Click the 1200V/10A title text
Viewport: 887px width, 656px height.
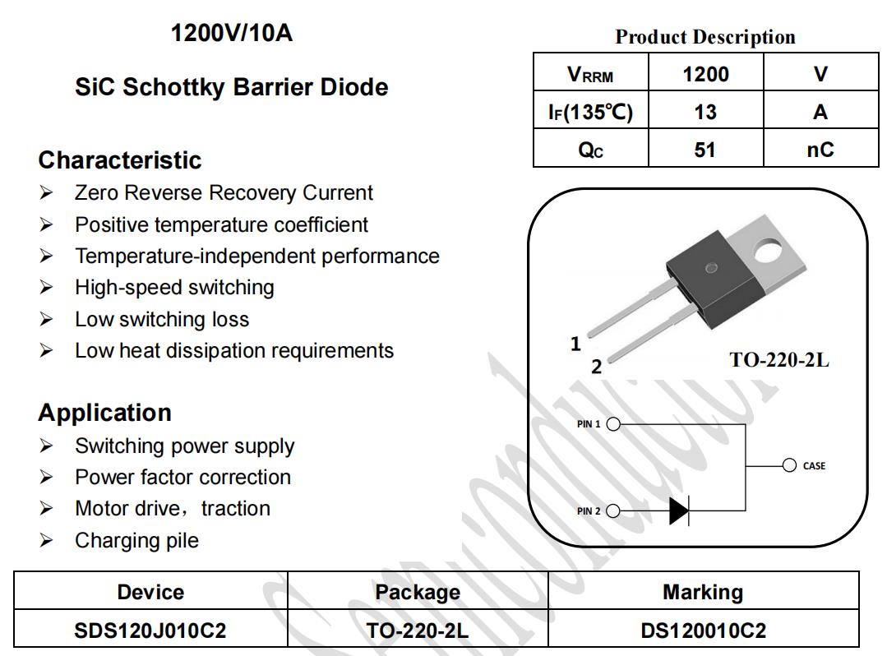(231, 33)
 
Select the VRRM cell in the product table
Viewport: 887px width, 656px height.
(590, 72)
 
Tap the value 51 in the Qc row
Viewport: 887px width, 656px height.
(705, 150)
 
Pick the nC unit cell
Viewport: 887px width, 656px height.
(820, 148)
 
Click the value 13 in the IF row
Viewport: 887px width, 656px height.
(705, 112)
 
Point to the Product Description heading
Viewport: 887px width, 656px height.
(705, 37)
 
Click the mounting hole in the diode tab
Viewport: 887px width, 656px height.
(768, 250)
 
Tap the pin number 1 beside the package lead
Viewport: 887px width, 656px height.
(576, 344)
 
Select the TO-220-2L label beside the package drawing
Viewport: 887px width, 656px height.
(779, 360)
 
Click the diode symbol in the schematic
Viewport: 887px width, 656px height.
(679, 511)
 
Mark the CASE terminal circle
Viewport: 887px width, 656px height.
(789, 465)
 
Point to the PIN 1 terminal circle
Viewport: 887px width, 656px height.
(613, 424)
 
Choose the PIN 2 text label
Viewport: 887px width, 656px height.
(589, 511)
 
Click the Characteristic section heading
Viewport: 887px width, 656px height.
(120, 160)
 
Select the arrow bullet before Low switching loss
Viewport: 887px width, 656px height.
(46, 320)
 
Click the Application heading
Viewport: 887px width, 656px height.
(104, 413)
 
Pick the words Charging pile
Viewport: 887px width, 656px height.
(137, 541)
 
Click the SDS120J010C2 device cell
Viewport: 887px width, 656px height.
(150, 630)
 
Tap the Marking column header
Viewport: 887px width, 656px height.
(703, 592)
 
